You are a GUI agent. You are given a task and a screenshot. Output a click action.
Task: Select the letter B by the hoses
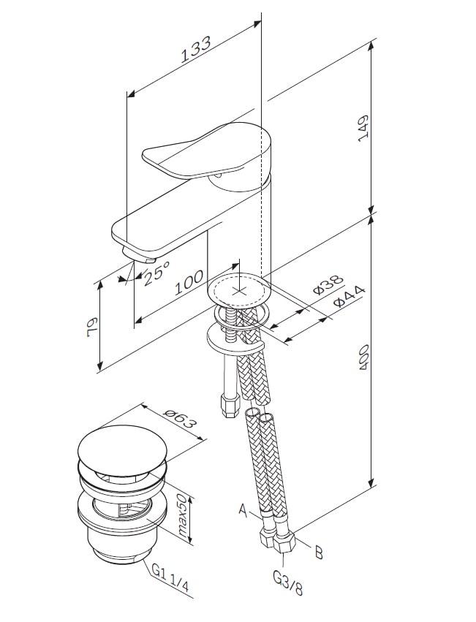[x=318, y=552]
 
